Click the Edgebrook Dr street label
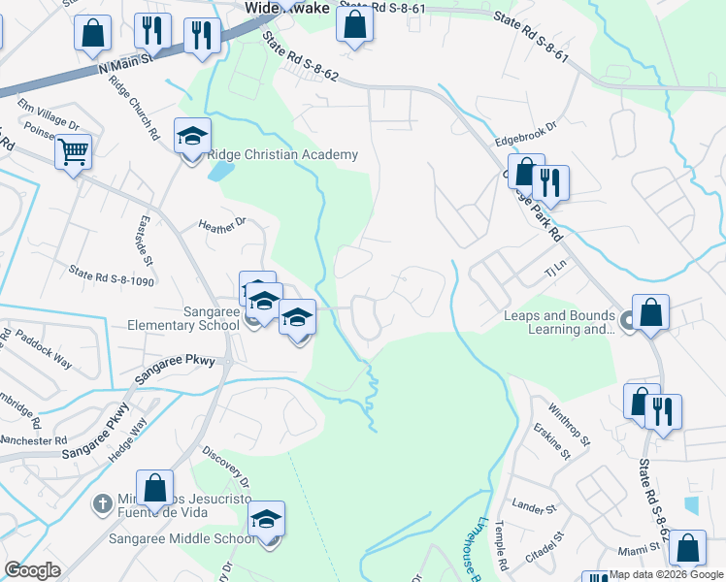click(x=525, y=133)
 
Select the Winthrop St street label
click(x=570, y=424)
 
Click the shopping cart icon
click(x=73, y=152)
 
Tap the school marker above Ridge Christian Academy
click(x=192, y=137)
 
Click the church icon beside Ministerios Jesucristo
click(x=102, y=502)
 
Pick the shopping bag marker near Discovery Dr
click(x=154, y=488)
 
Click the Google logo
click(x=32, y=570)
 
